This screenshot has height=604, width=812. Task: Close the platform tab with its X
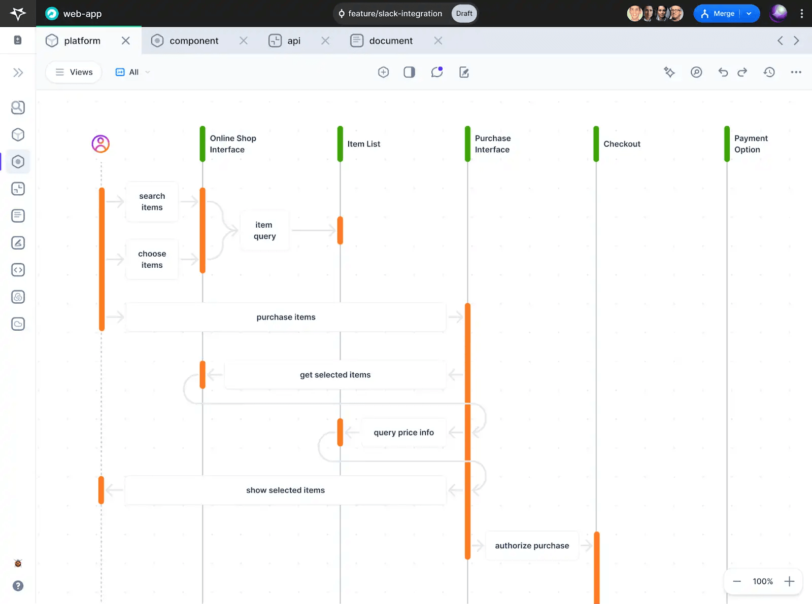(x=125, y=41)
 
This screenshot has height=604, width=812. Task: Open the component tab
(x=194, y=41)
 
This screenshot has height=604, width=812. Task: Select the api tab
(x=294, y=41)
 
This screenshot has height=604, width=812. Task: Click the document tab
(x=391, y=41)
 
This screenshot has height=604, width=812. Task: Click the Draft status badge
(x=464, y=14)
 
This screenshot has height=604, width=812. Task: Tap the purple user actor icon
(x=100, y=144)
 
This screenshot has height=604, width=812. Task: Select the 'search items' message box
(x=152, y=201)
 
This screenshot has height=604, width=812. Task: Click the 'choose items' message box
(x=152, y=259)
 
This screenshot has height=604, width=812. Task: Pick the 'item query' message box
(x=265, y=230)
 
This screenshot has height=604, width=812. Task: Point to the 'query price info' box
(x=404, y=433)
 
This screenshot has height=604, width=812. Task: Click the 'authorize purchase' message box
(x=532, y=546)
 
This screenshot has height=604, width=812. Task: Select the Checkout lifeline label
(x=622, y=144)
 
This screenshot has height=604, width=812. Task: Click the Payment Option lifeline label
(x=751, y=144)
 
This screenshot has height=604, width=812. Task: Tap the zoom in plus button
(x=789, y=581)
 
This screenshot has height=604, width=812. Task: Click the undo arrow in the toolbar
(x=723, y=72)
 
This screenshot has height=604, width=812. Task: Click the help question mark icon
(x=18, y=586)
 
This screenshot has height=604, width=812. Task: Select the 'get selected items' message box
(x=335, y=375)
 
